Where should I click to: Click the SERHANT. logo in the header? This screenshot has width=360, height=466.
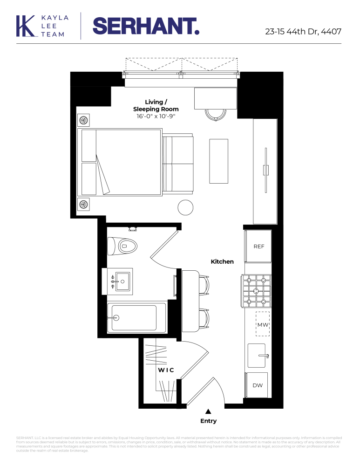(x=146, y=26)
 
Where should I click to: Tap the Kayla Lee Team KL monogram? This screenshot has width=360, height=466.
(x=27, y=26)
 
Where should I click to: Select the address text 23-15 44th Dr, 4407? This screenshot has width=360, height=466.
(x=303, y=32)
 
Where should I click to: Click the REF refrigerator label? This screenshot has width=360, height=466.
(x=258, y=246)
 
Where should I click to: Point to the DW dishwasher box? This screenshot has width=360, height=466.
(x=257, y=385)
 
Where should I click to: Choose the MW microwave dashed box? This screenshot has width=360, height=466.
(x=263, y=324)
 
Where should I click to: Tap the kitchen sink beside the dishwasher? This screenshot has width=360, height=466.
(x=257, y=356)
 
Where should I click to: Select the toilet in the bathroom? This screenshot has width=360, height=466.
(x=122, y=246)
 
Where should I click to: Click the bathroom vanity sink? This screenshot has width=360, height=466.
(x=123, y=281)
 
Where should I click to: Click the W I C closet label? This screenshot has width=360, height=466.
(x=165, y=370)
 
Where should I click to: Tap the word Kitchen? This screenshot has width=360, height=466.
(x=222, y=262)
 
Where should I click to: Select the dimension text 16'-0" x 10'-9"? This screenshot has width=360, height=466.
(x=156, y=116)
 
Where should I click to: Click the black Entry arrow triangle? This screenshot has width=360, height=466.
(x=208, y=411)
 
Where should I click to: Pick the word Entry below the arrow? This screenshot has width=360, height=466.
(x=208, y=421)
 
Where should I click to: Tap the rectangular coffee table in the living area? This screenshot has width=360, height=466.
(x=219, y=161)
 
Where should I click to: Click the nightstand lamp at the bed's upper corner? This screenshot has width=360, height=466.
(x=84, y=120)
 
